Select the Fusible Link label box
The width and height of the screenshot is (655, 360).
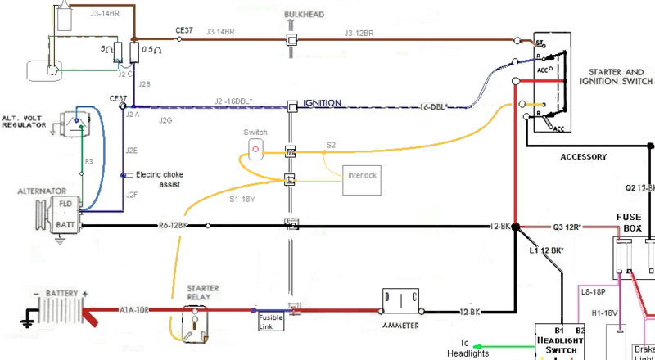[x=271, y=321]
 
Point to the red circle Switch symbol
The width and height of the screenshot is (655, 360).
[x=255, y=149]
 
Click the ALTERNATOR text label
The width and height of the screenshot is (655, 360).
[x=42, y=191]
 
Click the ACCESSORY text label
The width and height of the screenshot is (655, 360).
[x=583, y=156]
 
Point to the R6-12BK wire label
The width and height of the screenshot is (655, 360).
[x=174, y=225]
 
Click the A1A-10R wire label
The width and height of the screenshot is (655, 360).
[x=135, y=310]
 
